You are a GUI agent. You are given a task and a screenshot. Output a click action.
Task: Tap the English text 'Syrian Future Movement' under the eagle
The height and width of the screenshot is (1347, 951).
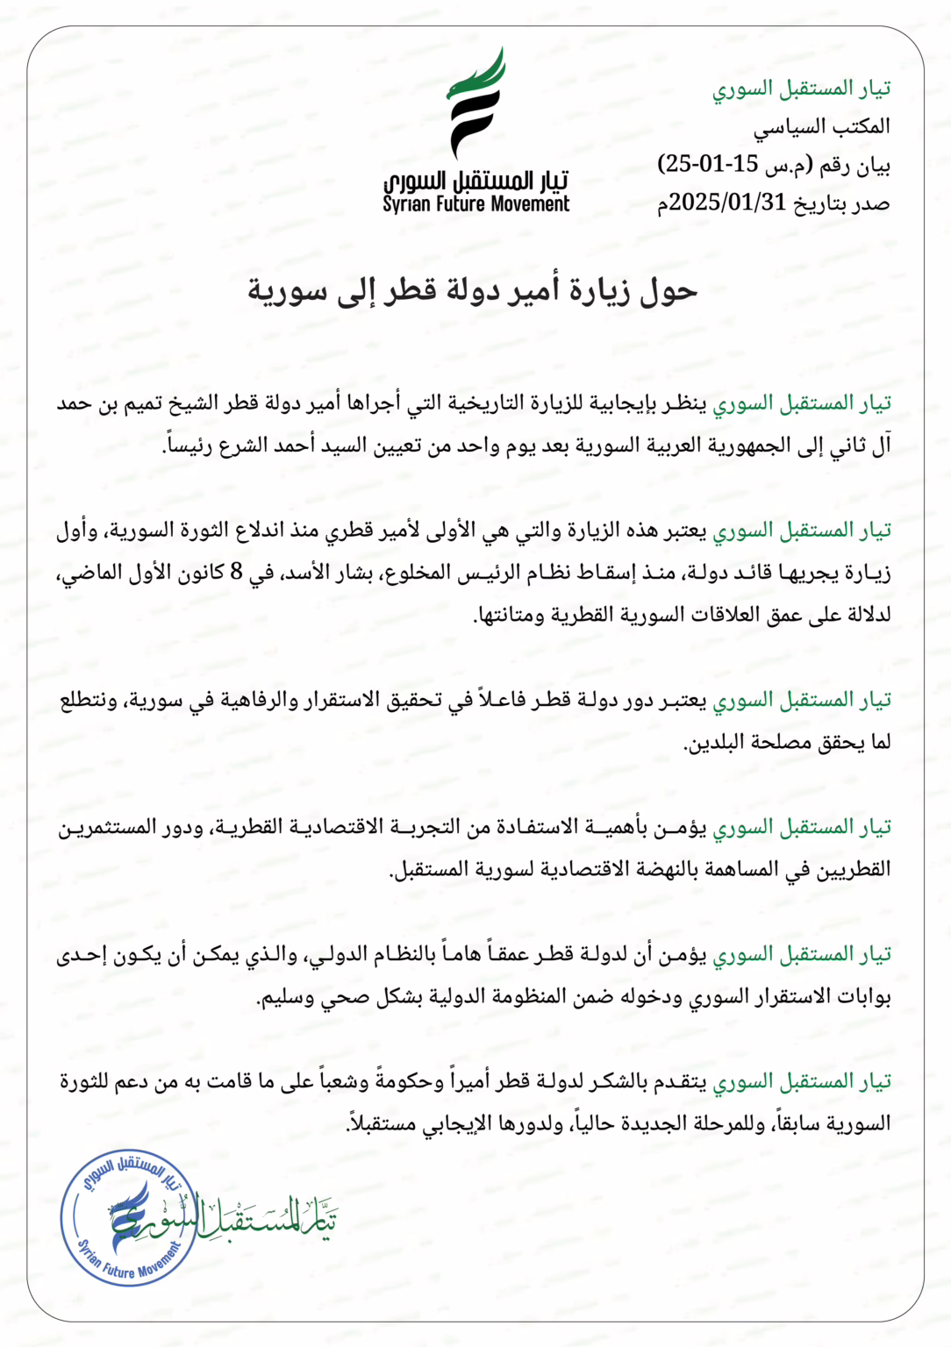(476, 204)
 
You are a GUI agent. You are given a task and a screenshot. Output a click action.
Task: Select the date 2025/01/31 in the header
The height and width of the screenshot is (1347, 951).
(727, 203)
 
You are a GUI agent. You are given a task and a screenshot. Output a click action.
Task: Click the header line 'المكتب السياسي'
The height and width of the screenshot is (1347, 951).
(821, 126)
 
